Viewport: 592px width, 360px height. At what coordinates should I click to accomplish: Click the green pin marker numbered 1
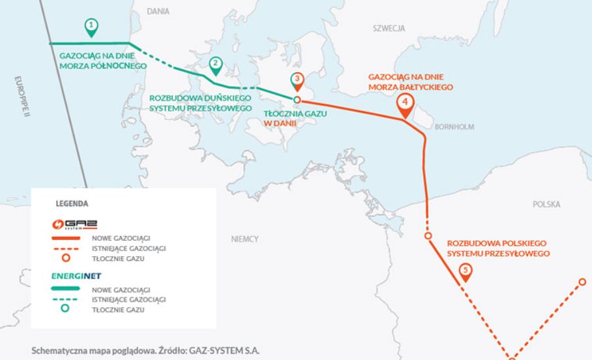[92, 26]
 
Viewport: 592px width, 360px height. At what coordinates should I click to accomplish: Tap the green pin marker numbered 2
[215, 64]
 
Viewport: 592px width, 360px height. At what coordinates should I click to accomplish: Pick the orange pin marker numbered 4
[405, 103]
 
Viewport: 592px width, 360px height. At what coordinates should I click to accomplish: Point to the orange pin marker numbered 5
[465, 270]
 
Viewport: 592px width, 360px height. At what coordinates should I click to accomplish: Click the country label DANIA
[158, 11]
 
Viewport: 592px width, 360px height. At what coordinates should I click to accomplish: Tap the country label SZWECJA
[389, 29]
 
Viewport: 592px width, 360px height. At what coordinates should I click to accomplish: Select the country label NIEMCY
[244, 239]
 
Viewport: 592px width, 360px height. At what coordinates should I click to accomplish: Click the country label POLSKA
[546, 204]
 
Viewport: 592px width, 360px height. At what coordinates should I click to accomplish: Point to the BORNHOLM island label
[454, 127]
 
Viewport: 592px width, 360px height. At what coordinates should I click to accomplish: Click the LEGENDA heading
[72, 203]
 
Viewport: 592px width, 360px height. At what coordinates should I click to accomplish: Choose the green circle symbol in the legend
[65, 310]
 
